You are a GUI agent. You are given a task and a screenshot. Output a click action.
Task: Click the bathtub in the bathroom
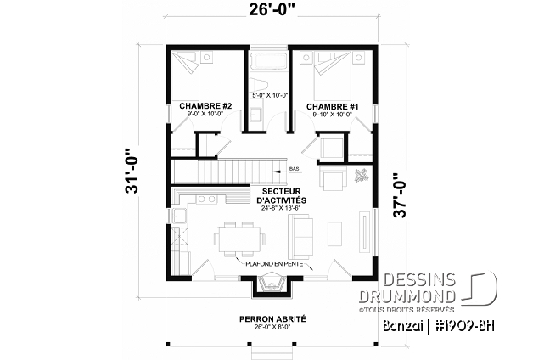[x=269, y=61]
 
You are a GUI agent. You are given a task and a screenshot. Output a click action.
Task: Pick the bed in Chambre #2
[x=199, y=67]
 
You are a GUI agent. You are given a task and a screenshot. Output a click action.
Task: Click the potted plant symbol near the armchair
[x=362, y=176]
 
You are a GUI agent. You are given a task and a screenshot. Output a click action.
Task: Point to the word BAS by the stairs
[x=294, y=169]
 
